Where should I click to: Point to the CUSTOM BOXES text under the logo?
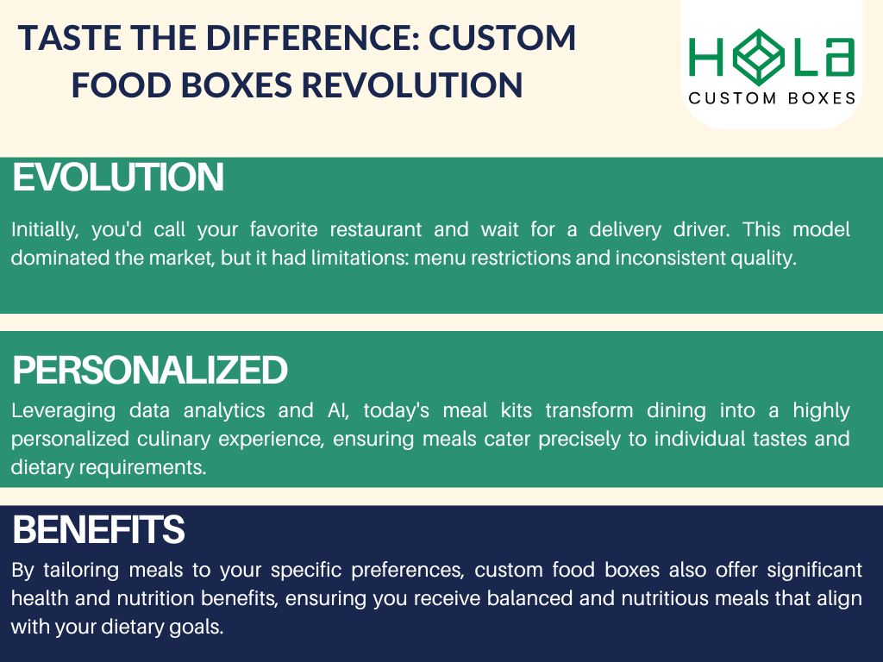[772, 98]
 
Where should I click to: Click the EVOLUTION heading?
[118, 178]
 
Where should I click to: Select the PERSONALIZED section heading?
[150, 371]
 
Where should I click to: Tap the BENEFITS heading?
[98, 529]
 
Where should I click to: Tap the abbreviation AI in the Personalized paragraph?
[338, 411]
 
